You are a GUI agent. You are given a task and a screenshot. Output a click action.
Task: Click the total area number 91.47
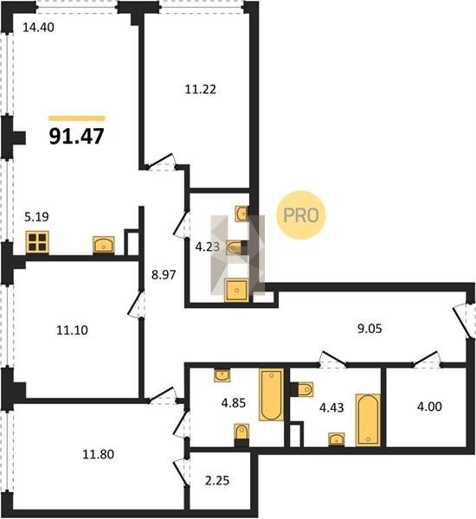coord(76,136)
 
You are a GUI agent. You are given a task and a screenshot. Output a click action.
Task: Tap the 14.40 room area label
coord(38,28)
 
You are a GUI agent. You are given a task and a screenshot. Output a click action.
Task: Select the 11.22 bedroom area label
coord(200,89)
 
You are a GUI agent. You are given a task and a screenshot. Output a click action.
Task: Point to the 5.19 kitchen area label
coord(36,217)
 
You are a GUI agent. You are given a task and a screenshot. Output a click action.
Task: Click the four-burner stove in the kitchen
coord(37,242)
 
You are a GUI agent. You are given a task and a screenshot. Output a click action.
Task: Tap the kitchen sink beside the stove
coord(104,245)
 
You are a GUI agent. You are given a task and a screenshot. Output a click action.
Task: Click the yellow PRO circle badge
coord(301,215)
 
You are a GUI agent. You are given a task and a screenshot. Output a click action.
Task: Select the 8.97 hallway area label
coord(164,275)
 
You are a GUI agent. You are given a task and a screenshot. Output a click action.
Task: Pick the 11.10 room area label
coord(72,330)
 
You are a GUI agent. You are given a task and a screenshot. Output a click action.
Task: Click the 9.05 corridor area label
coord(370,329)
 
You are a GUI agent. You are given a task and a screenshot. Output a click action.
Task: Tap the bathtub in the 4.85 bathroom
coord(272,394)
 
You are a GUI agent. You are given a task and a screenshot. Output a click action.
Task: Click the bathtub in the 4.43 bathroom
coord(368,420)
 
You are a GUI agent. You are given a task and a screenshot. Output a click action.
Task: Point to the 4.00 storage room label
coord(429,407)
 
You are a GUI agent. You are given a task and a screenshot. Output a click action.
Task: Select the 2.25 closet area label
coord(217,480)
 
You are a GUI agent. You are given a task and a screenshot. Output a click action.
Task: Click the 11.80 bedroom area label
coord(98,454)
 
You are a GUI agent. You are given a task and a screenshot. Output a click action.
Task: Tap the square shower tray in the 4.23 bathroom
coord(236,291)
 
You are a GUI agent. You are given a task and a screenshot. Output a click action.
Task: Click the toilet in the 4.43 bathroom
coord(304,389)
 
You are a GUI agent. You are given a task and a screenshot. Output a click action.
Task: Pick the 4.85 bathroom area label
coord(233,403)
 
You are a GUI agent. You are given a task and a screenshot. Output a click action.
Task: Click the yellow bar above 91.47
coord(76,119)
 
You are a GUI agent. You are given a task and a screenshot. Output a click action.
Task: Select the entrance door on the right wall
coord(462,321)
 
